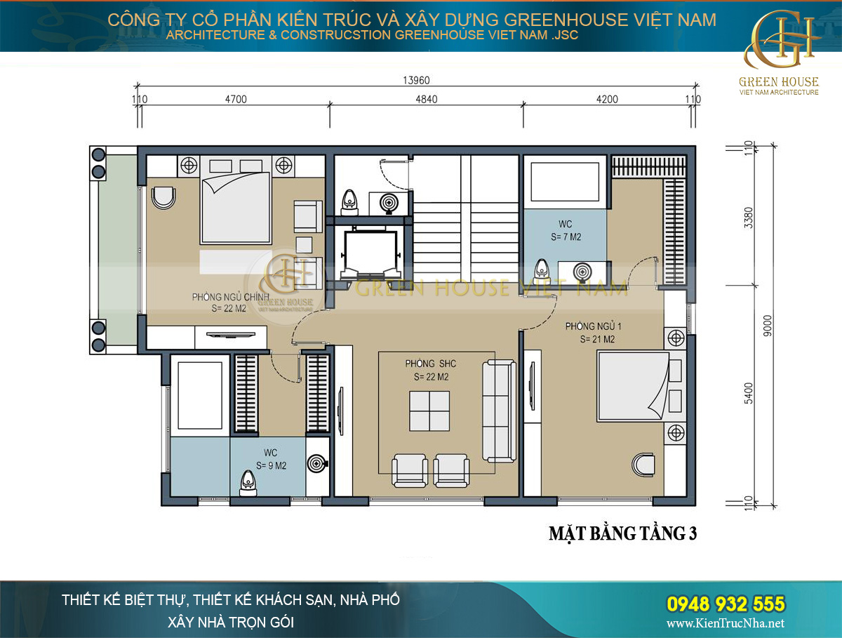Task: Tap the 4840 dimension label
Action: pos(426,100)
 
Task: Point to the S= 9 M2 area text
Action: pos(270,465)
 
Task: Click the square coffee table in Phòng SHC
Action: pos(430,411)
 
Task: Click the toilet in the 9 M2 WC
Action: pos(247,482)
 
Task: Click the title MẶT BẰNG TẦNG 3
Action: pos(622,533)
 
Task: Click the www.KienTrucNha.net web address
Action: pos(726,624)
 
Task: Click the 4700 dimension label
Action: pos(236,100)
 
